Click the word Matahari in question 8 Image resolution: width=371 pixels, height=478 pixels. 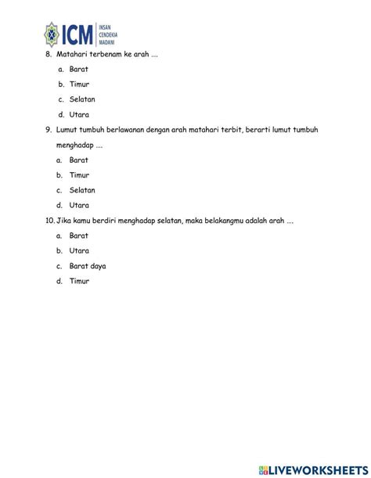pyautogui.click(x=72, y=54)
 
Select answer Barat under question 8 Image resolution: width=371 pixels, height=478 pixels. pyautogui.click(x=78, y=69)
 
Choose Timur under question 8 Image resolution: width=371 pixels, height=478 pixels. pyautogui.click(x=79, y=84)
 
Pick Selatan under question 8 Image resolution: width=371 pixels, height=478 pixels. pyautogui.click(x=82, y=99)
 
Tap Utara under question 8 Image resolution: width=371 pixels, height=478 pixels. pyautogui.click(x=79, y=114)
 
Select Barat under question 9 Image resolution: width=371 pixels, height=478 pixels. pyautogui.click(x=78, y=160)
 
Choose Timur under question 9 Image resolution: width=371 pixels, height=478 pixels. pyautogui.click(x=79, y=175)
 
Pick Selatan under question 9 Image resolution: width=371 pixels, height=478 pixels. pyautogui.click(x=82, y=190)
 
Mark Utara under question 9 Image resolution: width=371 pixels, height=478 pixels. pyautogui.click(x=79, y=205)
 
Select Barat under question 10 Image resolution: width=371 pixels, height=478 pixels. pyautogui.click(x=78, y=235)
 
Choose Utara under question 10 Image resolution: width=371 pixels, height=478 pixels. pyautogui.click(x=79, y=251)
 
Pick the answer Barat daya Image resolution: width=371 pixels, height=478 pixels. pyautogui.click(x=87, y=266)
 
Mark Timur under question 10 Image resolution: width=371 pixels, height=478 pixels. pyautogui.click(x=79, y=281)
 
